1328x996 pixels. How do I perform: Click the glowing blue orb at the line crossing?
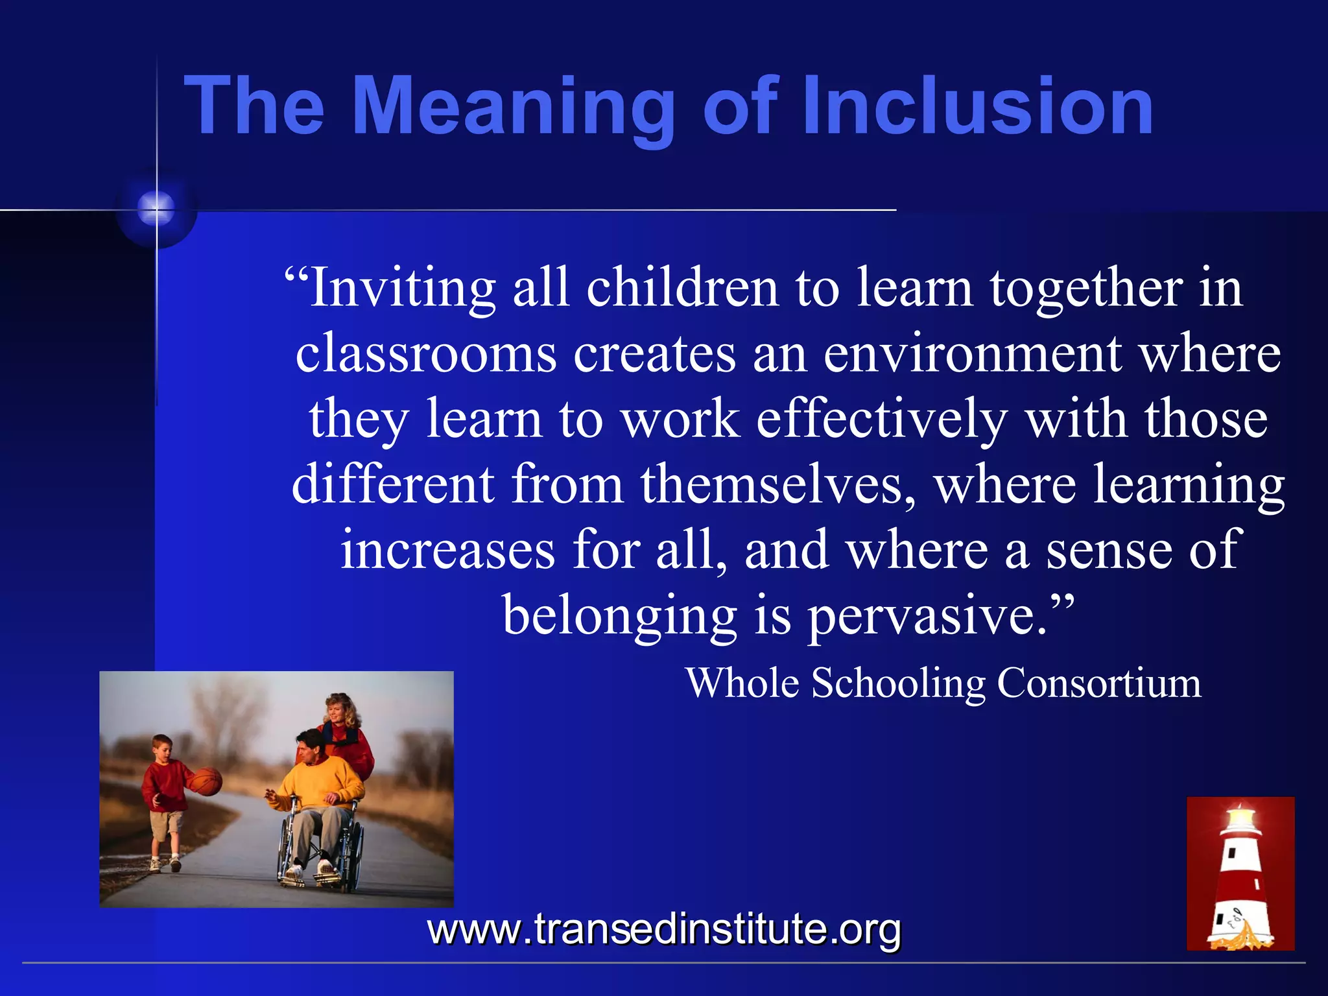[x=156, y=209]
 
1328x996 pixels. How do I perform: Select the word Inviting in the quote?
[x=402, y=288]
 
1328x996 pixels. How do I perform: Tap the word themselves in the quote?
[x=779, y=484]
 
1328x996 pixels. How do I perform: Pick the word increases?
[x=447, y=550]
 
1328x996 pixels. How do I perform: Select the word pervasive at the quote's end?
[x=927, y=616]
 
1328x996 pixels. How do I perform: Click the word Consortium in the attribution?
[x=1099, y=683]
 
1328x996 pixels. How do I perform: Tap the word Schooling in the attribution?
[x=899, y=684]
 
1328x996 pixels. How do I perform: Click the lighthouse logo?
[x=1240, y=873]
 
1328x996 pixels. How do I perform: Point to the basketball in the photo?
[x=206, y=781]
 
